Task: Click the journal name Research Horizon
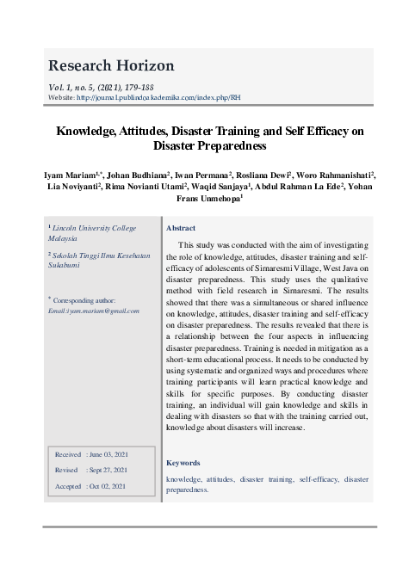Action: (112, 65)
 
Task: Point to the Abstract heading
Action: (181, 228)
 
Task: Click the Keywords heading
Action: (183, 463)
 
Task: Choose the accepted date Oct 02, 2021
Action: (108, 486)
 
